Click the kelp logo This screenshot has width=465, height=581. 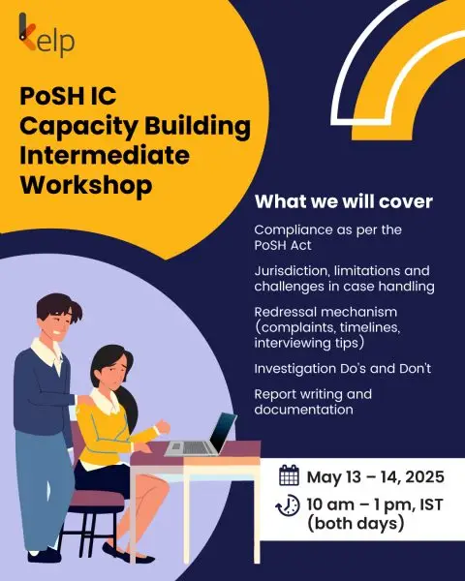46,35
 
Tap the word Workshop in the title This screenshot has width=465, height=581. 86,184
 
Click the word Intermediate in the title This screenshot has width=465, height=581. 105,155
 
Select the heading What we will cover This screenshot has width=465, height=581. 344,201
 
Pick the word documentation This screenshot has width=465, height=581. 303,410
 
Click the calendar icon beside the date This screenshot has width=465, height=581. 289,475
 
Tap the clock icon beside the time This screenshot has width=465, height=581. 288,505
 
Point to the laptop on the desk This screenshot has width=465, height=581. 201,435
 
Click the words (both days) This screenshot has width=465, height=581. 356,523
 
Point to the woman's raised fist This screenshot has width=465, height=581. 163,427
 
